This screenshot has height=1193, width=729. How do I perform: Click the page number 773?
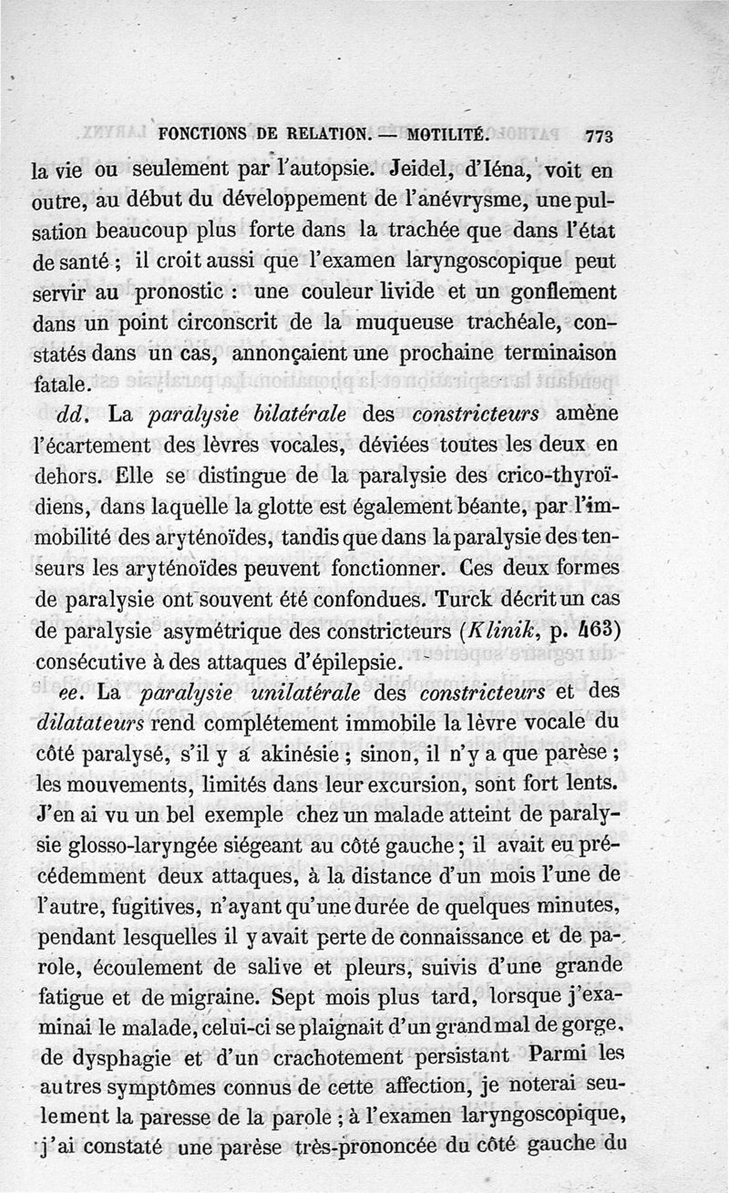click(x=599, y=136)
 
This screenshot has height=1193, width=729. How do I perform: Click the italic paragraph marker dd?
click(x=73, y=415)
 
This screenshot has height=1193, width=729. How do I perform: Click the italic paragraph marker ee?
click(x=72, y=693)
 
